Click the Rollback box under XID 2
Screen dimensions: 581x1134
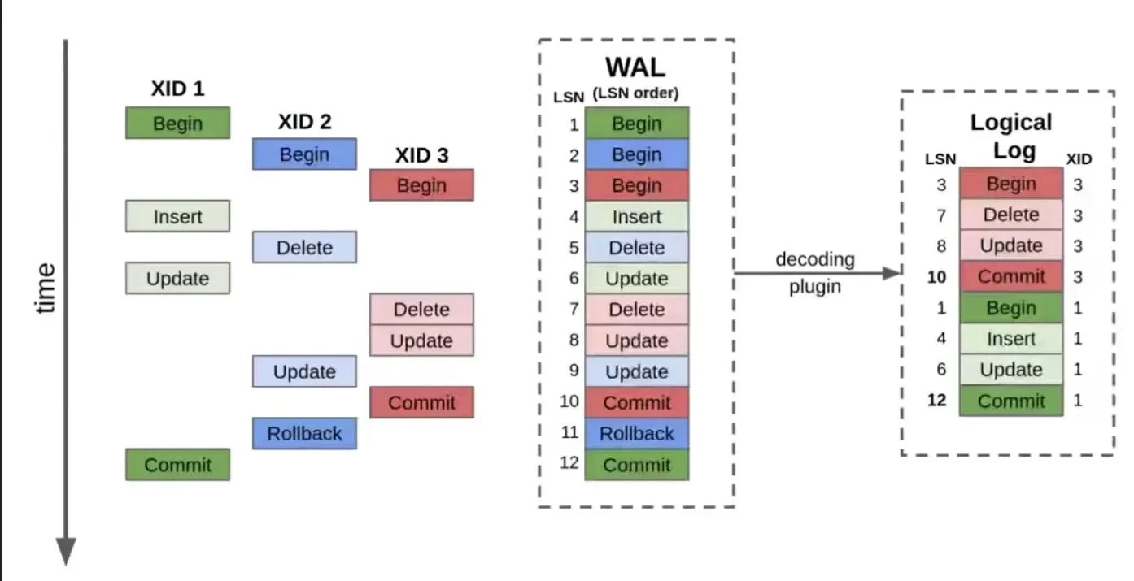tap(304, 433)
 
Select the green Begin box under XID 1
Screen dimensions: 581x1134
tap(177, 124)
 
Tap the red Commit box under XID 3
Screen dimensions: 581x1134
tap(421, 402)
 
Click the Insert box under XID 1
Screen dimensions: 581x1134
tap(177, 217)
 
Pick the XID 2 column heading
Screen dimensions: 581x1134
tap(304, 122)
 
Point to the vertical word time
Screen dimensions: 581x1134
tap(46, 287)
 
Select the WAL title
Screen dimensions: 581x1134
tap(635, 67)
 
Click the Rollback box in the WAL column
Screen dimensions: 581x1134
tap(636, 433)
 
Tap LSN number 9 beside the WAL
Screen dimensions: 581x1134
tap(574, 371)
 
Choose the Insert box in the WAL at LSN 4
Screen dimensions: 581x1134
tap(636, 217)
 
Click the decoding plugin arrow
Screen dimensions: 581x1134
tap(818, 273)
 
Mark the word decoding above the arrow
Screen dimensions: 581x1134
tap(814, 259)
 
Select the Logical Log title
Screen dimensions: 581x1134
tap(1010, 136)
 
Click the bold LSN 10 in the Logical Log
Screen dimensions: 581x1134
tap(937, 277)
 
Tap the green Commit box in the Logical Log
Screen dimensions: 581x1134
tap(1010, 401)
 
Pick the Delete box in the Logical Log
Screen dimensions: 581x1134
tap(1010, 215)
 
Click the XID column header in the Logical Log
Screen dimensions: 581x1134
tap(1079, 159)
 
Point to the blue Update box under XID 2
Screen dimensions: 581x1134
tap(304, 371)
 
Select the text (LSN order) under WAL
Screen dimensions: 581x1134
tap(635, 93)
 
